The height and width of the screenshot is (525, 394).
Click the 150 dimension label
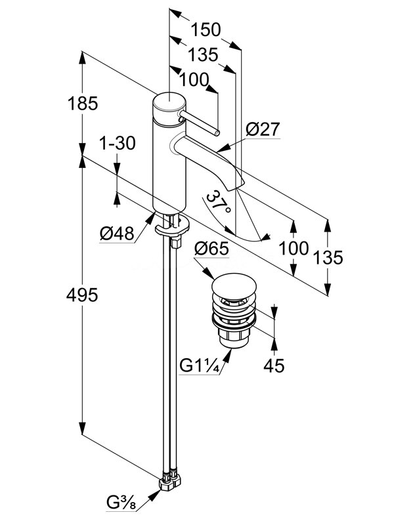coord(206,30)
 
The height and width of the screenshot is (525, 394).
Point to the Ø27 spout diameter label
coord(263,131)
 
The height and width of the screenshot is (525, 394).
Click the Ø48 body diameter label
coord(117,234)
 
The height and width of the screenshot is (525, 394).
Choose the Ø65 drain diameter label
coord(213,249)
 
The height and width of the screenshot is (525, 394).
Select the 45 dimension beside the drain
coord(274,364)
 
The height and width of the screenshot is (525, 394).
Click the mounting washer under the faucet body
coord(171,227)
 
